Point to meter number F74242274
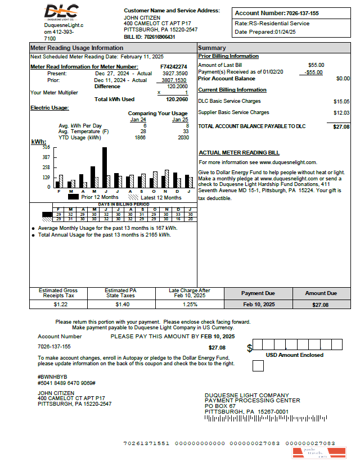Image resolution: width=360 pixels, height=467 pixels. (x=174, y=67)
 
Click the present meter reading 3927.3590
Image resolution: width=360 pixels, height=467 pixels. (x=175, y=74)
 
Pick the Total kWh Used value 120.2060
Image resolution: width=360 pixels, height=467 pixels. (x=177, y=99)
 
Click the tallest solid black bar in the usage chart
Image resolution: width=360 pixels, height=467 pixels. (x=105, y=167)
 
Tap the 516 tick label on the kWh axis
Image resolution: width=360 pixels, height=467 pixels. (x=46, y=147)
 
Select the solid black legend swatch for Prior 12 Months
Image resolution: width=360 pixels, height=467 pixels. (x=73, y=197)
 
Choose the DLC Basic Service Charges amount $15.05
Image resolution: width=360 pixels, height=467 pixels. (x=341, y=102)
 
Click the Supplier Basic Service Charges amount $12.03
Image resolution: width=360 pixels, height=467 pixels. (x=341, y=113)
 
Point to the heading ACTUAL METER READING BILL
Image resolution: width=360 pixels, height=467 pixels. (x=239, y=153)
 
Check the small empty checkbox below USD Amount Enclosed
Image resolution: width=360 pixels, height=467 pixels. (x=258, y=366)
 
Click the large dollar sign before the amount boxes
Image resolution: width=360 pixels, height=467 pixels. (x=250, y=348)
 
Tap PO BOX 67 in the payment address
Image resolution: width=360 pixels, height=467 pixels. (x=220, y=406)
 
